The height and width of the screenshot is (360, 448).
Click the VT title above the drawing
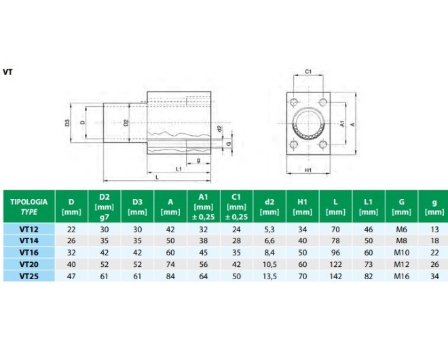click(x=8, y=71)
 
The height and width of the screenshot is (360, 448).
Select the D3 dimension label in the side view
click(x=68, y=123)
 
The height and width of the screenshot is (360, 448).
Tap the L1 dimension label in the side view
click(x=177, y=168)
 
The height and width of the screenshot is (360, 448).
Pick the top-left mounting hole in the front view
click(x=293, y=103)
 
